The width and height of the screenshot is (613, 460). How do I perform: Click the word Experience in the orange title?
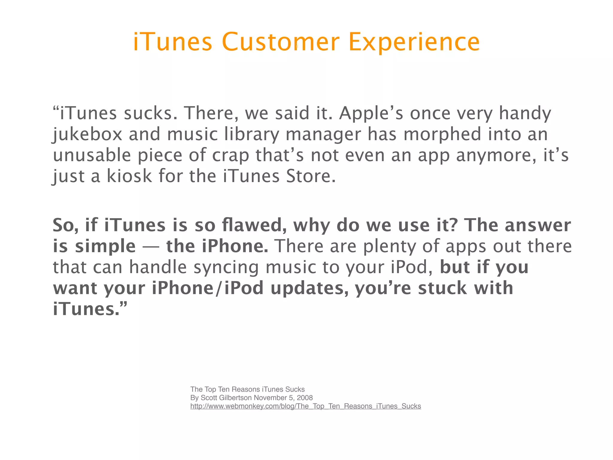(x=414, y=43)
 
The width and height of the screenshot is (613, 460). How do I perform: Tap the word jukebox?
(x=87, y=134)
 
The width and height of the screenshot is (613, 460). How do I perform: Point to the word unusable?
(x=92, y=155)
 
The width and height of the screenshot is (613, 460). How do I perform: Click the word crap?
(x=230, y=155)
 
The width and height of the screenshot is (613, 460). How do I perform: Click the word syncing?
(x=226, y=267)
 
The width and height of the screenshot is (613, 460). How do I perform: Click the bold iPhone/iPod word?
(x=207, y=288)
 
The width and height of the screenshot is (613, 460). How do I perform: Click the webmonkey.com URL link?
(x=306, y=406)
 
